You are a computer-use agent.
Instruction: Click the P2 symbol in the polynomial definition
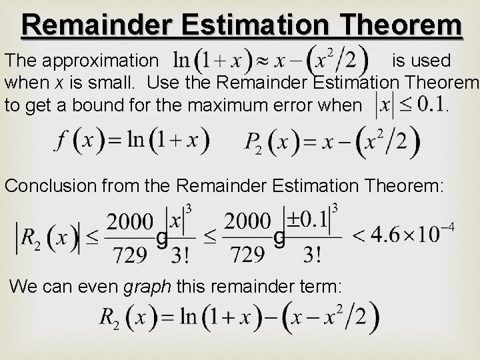coord(253,143)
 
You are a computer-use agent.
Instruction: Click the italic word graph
coord(147,287)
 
